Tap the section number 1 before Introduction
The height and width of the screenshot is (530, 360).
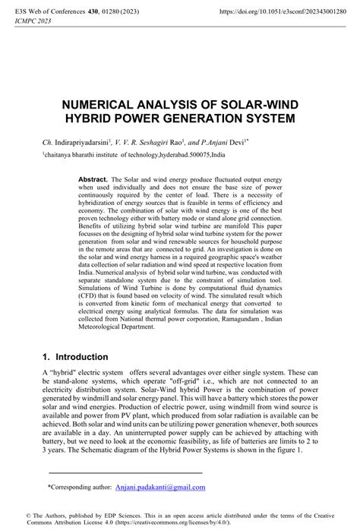click(46, 356)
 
